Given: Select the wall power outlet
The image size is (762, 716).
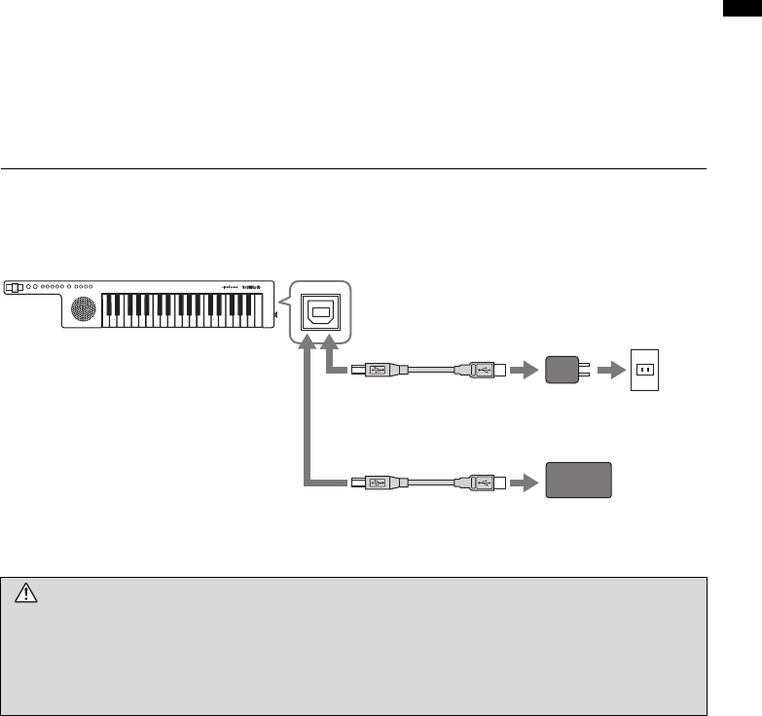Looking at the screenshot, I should pyautogui.click(x=645, y=371).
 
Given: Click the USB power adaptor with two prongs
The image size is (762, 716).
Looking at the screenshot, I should pyautogui.click(x=562, y=371).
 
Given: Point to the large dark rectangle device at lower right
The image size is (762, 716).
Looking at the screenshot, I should pyautogui.click(x=578, y=481).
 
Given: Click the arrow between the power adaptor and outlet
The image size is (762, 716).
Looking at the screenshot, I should pyautogui.click(x=608, y=371).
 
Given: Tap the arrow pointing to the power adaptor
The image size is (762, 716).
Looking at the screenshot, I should pyautogui.click(x=523, y=371).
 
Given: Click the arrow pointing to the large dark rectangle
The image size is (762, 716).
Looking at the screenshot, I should pyautogui.click(x=523, y=481).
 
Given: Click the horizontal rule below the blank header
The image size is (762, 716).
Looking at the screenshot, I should pyautogui.click(x=352, y=168).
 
